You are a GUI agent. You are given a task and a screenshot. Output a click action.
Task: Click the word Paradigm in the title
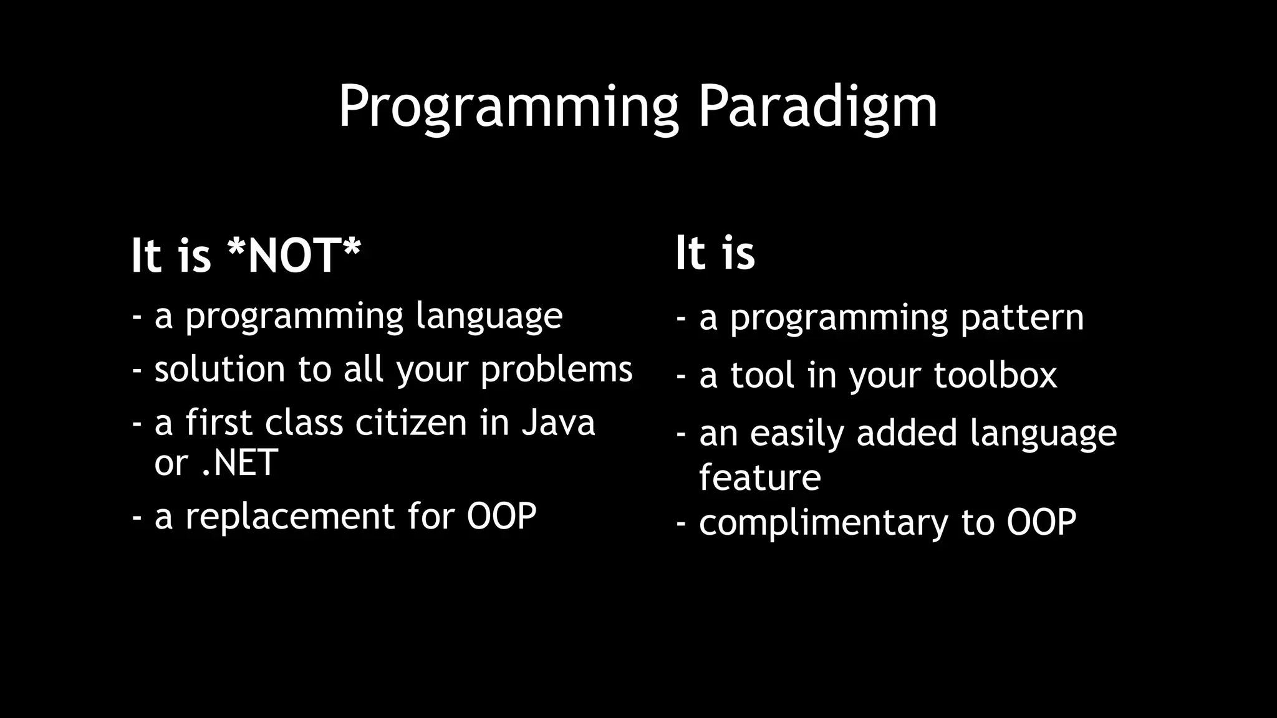(817, 107)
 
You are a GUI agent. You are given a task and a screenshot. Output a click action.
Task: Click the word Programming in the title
(508, 107)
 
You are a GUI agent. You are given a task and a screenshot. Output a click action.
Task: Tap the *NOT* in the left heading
(294, 256)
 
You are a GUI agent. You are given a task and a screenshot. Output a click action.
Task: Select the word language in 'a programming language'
(489, 317)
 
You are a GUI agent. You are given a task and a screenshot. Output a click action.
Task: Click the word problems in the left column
(556, 370)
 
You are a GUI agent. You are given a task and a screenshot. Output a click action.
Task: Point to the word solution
(219, 369)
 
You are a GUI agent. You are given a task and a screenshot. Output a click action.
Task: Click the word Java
(558, 423)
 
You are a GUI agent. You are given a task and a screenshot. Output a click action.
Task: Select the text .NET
(240, 462)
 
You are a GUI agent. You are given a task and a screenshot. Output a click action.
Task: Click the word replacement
(290, 516)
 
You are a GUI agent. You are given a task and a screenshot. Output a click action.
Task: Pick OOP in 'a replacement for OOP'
(501, 516)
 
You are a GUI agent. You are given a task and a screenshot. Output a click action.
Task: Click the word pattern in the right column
(1022, 318)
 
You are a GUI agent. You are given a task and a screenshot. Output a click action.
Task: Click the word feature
(759, 477)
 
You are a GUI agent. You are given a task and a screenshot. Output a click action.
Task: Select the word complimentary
(823, 522)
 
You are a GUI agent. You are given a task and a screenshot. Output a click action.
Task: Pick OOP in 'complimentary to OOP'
(1041, 522)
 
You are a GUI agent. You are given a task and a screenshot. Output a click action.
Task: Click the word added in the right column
(907, 433)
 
